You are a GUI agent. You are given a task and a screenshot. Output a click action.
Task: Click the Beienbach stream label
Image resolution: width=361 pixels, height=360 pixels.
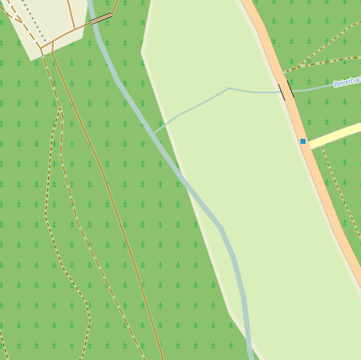tap(348, 82)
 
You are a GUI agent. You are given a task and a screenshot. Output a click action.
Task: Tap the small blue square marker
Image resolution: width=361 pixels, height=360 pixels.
tap(303, 141)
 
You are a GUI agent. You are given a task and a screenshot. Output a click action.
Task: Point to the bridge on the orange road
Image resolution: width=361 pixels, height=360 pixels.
tap(282, 89)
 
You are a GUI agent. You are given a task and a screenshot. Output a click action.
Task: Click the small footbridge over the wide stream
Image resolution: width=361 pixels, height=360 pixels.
tap(101, 18)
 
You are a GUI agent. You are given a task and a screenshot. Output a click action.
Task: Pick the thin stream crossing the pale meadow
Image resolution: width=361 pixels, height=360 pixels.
tap(202, 99)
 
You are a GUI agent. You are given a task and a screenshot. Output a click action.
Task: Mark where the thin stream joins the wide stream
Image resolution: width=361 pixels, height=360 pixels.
tap(154, 131)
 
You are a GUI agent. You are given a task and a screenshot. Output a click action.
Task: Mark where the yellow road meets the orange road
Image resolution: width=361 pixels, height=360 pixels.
tap(310, 146)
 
